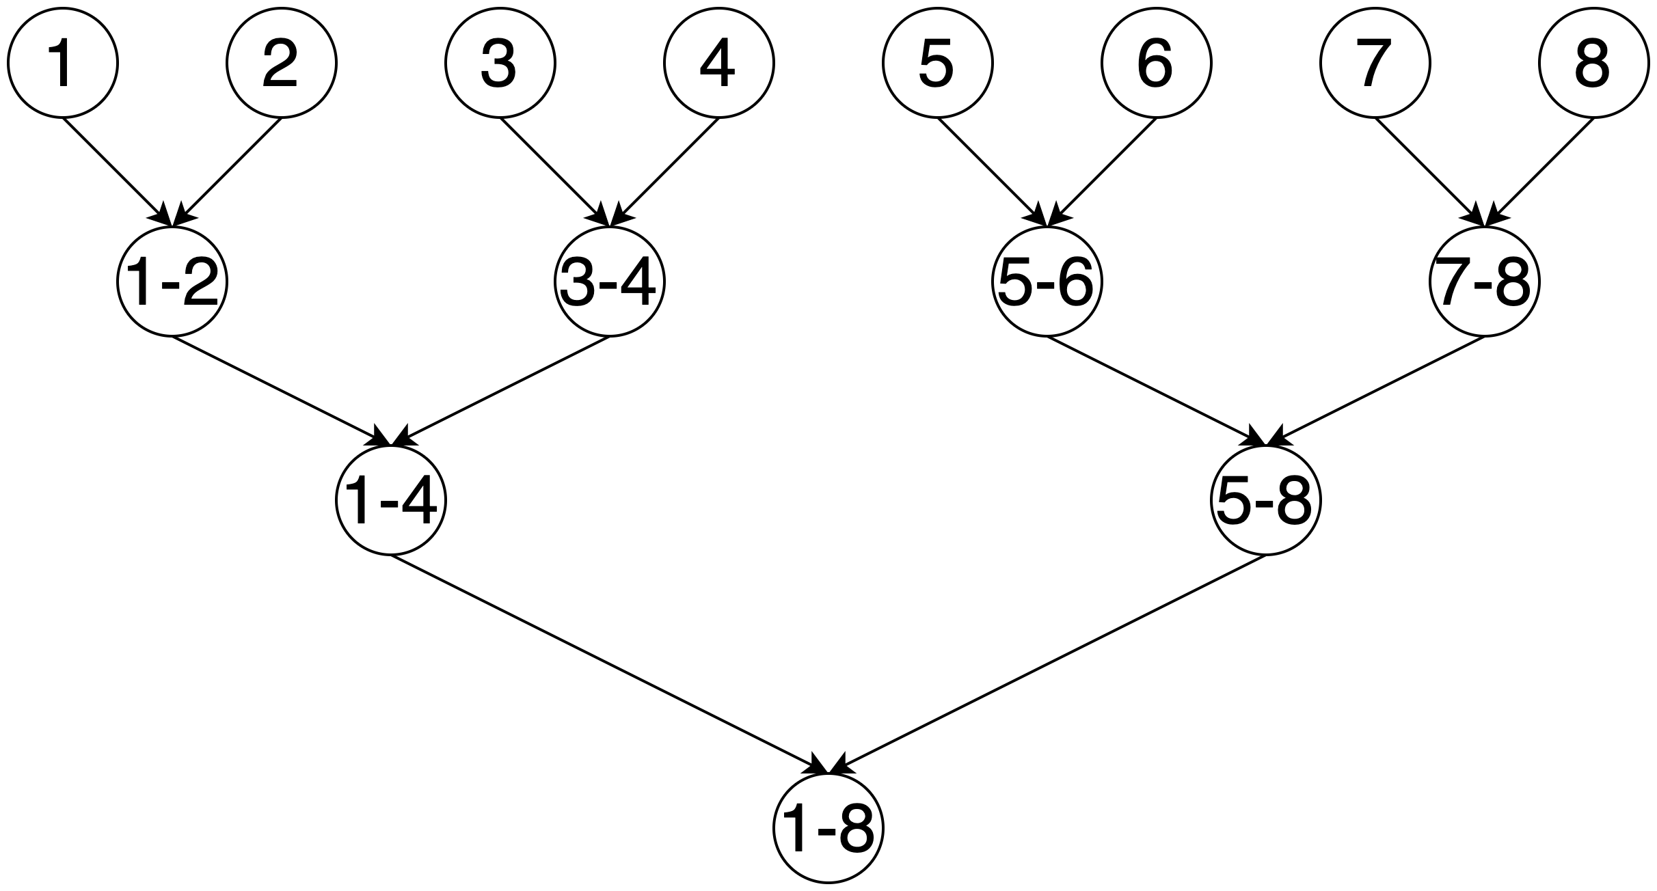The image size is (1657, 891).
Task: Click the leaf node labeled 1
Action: tap(63, 64)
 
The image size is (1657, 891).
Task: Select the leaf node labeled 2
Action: tap(282, 64)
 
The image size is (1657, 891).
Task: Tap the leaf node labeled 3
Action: tap(500, 64)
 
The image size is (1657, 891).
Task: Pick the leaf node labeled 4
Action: tap(719, 64)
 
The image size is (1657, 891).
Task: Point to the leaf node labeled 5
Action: tap(938, 64)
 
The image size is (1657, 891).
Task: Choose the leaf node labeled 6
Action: tap(1157, 64)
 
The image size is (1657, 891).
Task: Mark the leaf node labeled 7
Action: tap(1375, 64)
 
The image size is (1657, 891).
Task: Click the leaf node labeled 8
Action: tap(1594, 64)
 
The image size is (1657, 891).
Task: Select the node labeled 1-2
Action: tap(172, 282)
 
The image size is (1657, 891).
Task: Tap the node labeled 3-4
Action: tap(610, 282)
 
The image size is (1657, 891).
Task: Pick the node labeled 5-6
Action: tap(1047, 282)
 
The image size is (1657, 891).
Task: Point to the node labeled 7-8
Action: tap(1485, 282)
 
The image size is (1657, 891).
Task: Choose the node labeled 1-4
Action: tap(391, 500)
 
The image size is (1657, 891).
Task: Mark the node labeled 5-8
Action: tap(1266, 500)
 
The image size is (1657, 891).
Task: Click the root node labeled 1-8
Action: tap(828, 828)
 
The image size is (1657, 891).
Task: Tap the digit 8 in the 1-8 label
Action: tap(855, 828)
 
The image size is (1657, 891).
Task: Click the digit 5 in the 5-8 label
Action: tap(1235, 501)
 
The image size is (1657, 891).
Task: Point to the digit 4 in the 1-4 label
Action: tap(418, 501)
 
